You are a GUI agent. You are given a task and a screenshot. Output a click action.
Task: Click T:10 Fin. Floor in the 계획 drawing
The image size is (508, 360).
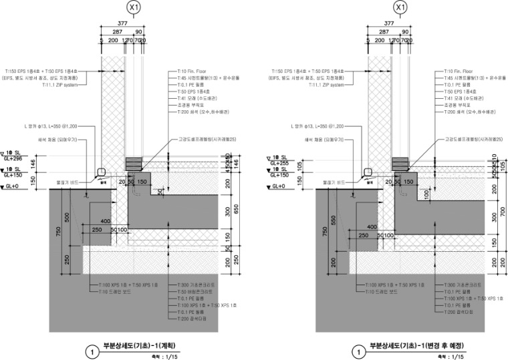[188, 71]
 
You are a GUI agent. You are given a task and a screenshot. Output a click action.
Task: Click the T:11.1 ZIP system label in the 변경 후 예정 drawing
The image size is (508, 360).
[326, 85]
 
